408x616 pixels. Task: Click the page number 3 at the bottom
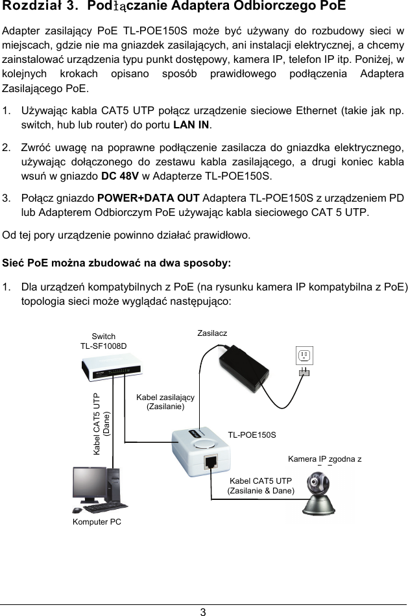[203, 610]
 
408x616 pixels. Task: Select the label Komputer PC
[97, 521]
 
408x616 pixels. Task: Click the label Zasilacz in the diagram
[212, 333]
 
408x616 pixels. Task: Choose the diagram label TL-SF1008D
[103, 346]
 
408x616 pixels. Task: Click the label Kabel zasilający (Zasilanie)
[165, 401]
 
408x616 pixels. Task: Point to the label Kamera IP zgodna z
[324, 460]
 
